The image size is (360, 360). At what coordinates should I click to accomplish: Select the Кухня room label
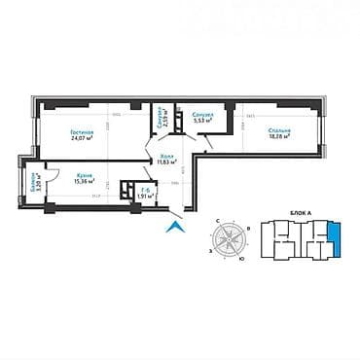83,175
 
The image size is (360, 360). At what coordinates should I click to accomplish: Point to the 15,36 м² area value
83,182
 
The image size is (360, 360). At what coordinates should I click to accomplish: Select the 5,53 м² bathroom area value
203,122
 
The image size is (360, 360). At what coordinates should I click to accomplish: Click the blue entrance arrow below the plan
174,228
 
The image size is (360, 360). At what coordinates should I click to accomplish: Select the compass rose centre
232,239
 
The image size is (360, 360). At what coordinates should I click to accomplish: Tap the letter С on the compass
232,219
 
